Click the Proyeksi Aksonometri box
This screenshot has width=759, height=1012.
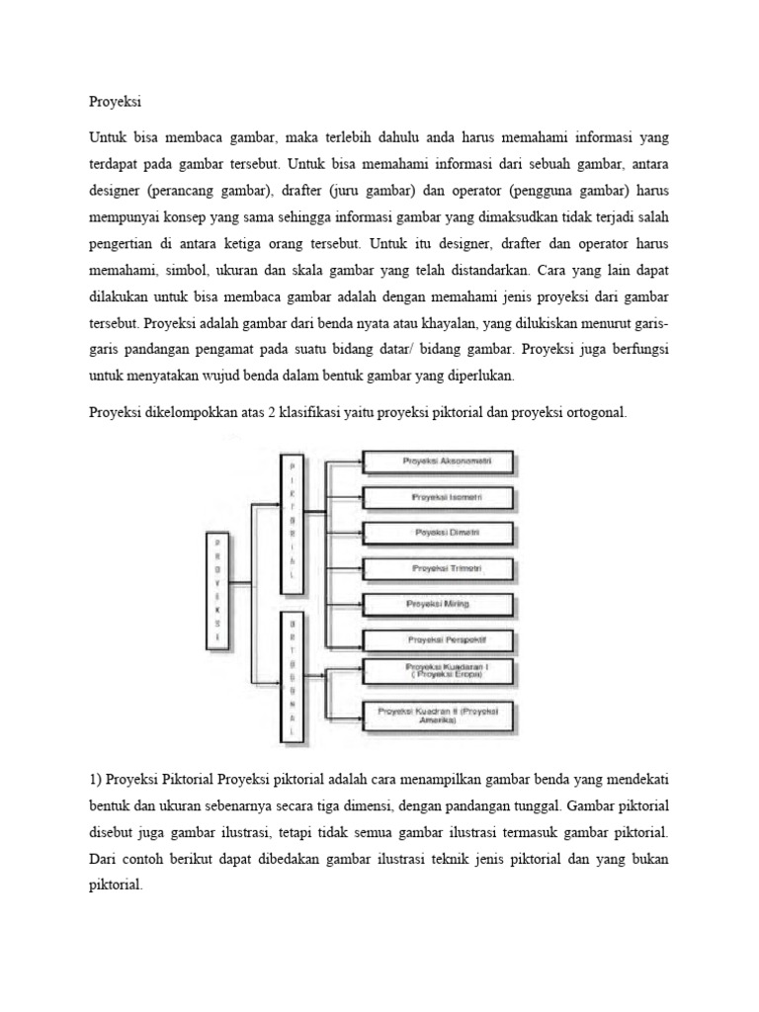pos(440,462)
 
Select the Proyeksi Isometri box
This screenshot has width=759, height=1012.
pos(440,497)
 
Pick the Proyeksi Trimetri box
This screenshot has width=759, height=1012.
pos(440,568)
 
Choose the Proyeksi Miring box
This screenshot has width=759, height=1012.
pos(440,603)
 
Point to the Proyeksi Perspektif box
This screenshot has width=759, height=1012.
pos(440,639)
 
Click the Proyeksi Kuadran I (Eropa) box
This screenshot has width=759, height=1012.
pos(440,672)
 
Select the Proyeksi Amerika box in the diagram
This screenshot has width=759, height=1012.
pos(440,716)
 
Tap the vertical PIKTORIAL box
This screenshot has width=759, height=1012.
pos(292,523)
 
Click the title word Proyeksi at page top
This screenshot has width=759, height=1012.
pos(117,100)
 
